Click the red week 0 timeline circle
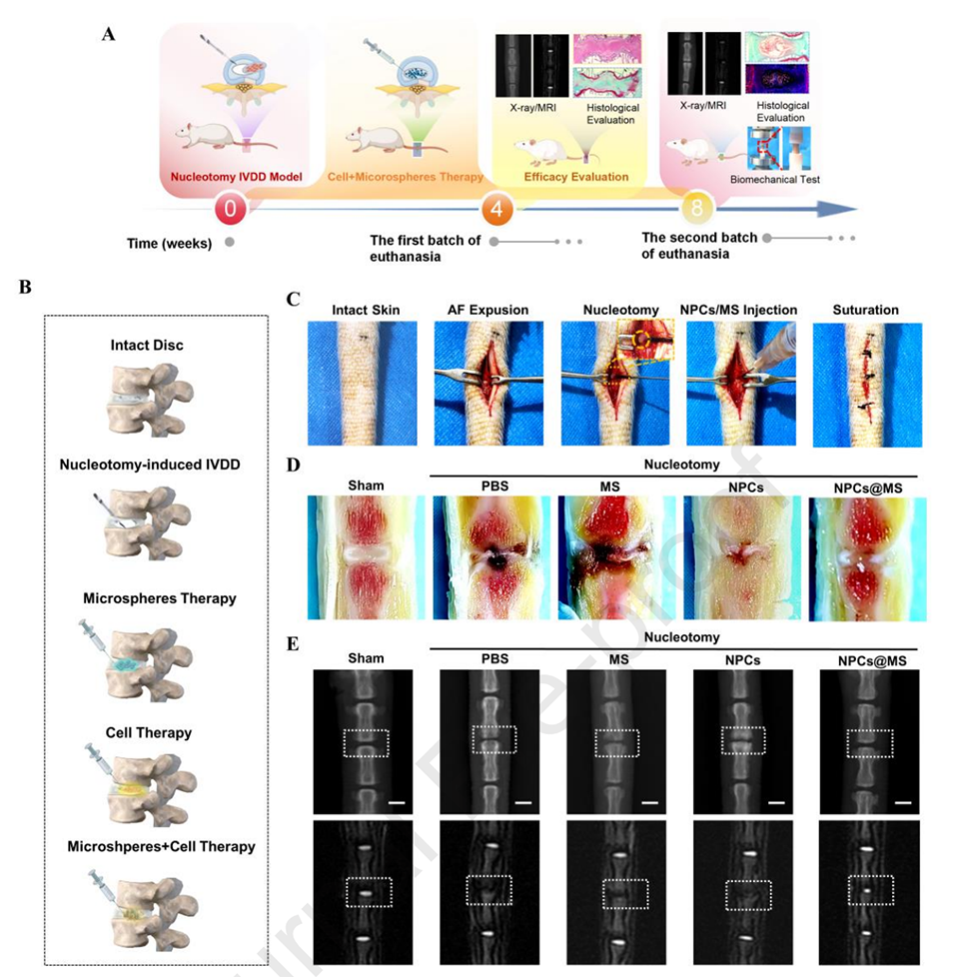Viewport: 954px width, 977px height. pyautogui.click(x=231, y=211)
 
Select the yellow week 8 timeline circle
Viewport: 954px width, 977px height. pyautogui.click(x=698, y=211)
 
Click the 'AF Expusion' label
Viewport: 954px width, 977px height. pyautogui.click(x=489, y=310)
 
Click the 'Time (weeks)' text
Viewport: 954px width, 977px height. pyautogui.click(x=169, y=243)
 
